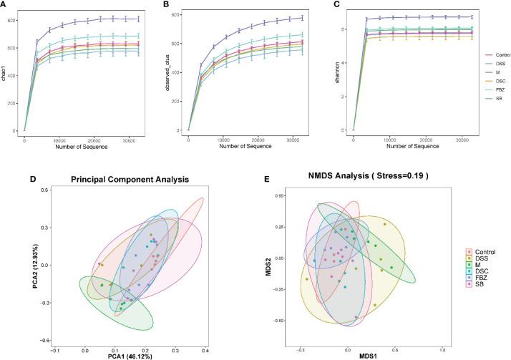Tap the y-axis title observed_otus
click(x=170, y=72)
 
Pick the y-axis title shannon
click(x=334, y=72)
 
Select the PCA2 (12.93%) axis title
click(x=35, y=263)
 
